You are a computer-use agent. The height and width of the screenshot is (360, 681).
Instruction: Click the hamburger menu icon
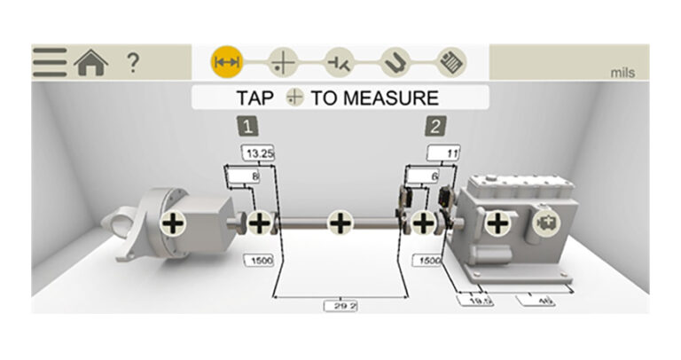(51, 62)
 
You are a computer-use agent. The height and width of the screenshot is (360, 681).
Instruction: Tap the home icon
(91, 62)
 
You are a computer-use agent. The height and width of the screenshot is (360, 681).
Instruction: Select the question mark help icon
(132, 62)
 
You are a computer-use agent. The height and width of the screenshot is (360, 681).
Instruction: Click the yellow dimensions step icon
(226, 62)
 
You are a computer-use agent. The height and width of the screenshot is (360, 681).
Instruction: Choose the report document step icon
(449, 62)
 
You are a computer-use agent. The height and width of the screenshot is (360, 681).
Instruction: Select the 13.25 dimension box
(259, 154)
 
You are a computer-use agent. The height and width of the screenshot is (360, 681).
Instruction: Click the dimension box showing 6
(433, 177)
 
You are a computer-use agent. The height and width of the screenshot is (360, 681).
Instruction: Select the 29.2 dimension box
(340, 305)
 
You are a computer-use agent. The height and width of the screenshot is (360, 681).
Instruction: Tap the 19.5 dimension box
(475, 301)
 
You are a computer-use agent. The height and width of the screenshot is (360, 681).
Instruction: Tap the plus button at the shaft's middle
(340, 223)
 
